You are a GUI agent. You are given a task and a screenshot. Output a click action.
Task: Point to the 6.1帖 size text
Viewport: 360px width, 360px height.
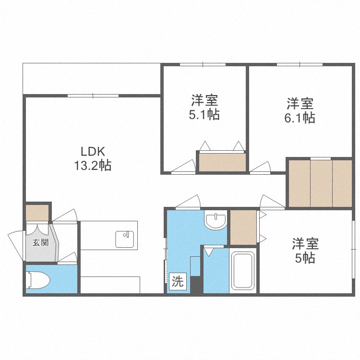(x=300, y=117)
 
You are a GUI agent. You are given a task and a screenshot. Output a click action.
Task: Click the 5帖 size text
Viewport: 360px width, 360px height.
(x=305, y=258)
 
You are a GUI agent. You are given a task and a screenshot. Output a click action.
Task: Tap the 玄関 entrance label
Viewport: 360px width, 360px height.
(x=40, y=242)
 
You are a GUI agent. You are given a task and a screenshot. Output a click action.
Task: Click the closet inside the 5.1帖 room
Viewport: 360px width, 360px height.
(x=222, y=162)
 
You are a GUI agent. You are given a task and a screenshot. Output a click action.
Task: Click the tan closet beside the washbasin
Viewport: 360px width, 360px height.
(x=243, y=227)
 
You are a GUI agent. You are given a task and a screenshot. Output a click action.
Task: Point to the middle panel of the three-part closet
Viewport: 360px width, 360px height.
(x=321, y=183)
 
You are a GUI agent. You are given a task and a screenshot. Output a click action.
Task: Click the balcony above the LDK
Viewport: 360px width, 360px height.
(x=91, y=79)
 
